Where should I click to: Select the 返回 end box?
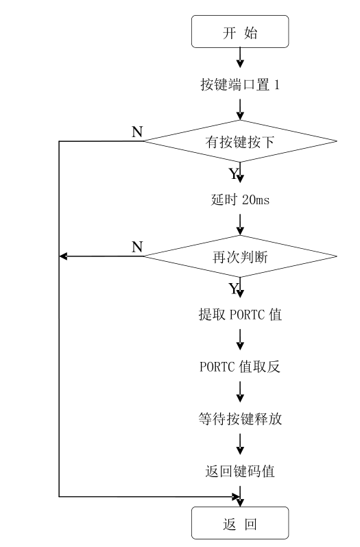pyautogui.click(x=240, y=525)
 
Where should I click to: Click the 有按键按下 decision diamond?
pyautogui.click(x=240, y=141)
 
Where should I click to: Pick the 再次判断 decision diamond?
pyautogui.click(x=240, y=256)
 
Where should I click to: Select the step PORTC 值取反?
pyautogui.click(x=240, y=367)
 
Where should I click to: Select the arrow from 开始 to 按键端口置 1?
pyautogui.click(x=240, y=58)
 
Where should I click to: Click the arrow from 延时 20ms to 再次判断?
pyautogui.click(x=240, y=223)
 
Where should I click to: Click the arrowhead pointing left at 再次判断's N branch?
pyautogui.click(x=64, y=256)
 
